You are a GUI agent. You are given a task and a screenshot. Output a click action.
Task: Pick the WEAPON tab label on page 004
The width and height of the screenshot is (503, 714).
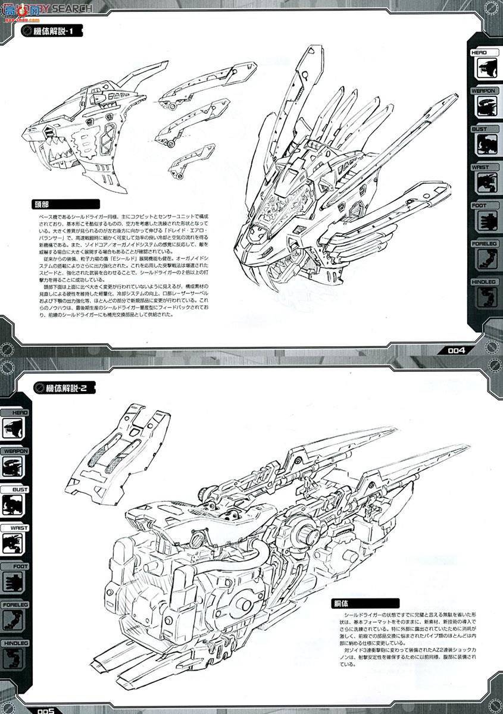pos(483,90)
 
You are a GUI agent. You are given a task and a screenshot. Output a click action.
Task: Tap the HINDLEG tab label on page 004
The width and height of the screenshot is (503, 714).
pos(483,281)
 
